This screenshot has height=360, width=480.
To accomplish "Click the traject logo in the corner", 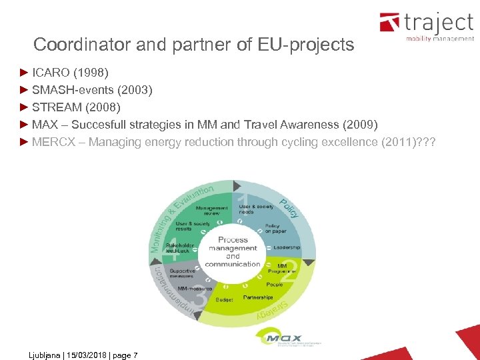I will point(426,27).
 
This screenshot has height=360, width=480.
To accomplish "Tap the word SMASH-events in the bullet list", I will point(72,89).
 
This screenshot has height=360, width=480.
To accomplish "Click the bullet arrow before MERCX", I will point(25,142).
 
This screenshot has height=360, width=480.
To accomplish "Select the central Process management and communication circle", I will point(233,251).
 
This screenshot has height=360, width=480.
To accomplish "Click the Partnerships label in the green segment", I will point(258,297).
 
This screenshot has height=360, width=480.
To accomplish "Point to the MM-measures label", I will point(195,288).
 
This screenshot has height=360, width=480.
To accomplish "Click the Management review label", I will point(212,210).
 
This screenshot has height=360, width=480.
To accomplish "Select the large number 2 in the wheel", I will point(289,270).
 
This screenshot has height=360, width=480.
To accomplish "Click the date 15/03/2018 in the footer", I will point(83,355).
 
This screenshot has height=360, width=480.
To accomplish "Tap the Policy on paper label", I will point(276,229).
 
